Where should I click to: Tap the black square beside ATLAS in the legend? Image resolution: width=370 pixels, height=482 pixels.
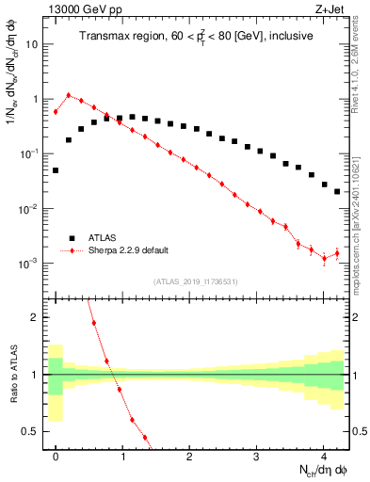click(70, 238)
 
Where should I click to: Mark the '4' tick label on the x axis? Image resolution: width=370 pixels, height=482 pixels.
click(323, 456)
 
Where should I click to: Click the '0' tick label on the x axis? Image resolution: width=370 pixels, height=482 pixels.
click(56, 456)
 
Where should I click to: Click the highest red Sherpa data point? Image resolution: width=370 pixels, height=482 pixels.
click(69, 95)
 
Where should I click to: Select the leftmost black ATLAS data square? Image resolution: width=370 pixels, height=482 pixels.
click(56, 170)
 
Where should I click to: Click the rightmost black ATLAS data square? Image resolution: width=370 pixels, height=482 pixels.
click(337, 191)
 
